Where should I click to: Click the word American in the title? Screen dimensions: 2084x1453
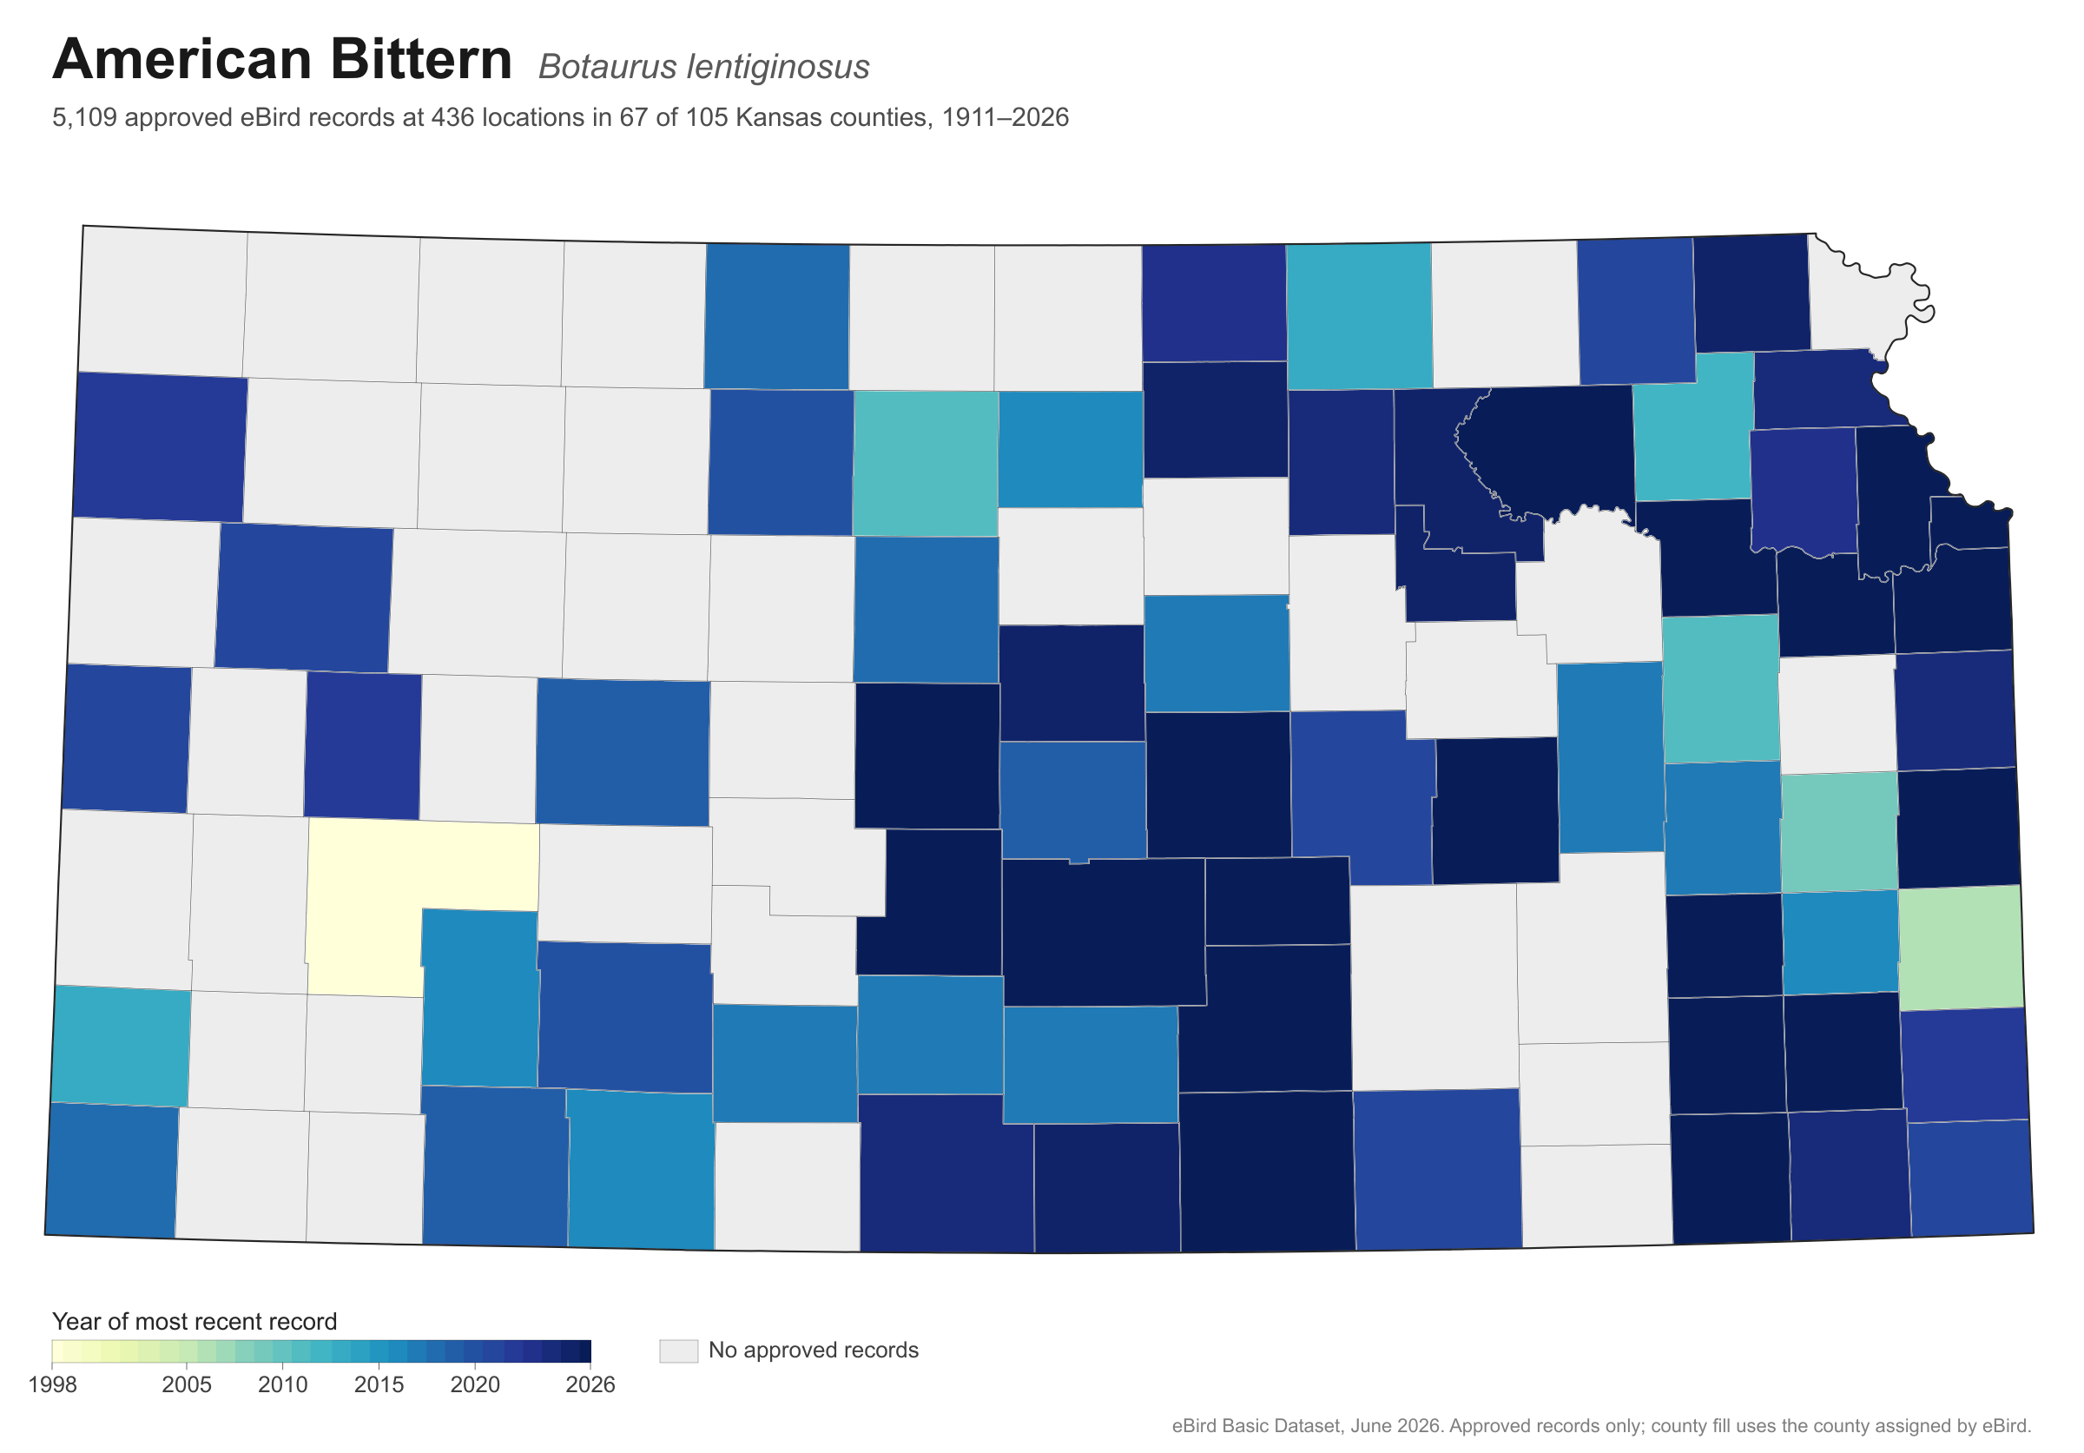click(x=183, y=59)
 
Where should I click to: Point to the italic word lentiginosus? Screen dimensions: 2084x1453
click(x=778, y=68)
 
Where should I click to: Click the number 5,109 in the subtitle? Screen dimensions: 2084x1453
click(x=84, y=118)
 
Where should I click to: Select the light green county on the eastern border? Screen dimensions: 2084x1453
click(x=1962, y=947)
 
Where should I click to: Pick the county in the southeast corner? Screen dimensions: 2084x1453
click(x=1970, y=1178)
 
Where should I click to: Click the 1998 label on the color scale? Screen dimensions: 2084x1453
click(x=53, y=1385)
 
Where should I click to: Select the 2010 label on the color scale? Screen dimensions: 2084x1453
click(x=283, y=1385)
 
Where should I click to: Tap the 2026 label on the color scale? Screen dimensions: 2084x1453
click(x=590, y=1385)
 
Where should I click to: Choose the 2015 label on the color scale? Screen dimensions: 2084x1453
click(x=379, y=1385)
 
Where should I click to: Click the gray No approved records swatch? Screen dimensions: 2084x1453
click(x=679, y=1351)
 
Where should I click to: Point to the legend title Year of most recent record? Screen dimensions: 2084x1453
click(x=195, y=1321)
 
